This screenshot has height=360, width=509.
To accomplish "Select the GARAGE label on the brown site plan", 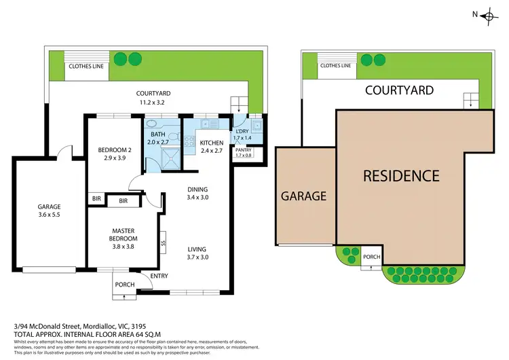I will [303, 196].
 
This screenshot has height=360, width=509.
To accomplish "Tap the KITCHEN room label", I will [211, 141].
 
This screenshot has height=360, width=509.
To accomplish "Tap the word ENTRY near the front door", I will [159, 275].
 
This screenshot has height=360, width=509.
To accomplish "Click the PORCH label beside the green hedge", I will [371, 257].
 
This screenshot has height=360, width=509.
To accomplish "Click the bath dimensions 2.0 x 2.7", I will [159, 143].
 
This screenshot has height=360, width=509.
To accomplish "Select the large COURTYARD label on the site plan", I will [399, 90].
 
